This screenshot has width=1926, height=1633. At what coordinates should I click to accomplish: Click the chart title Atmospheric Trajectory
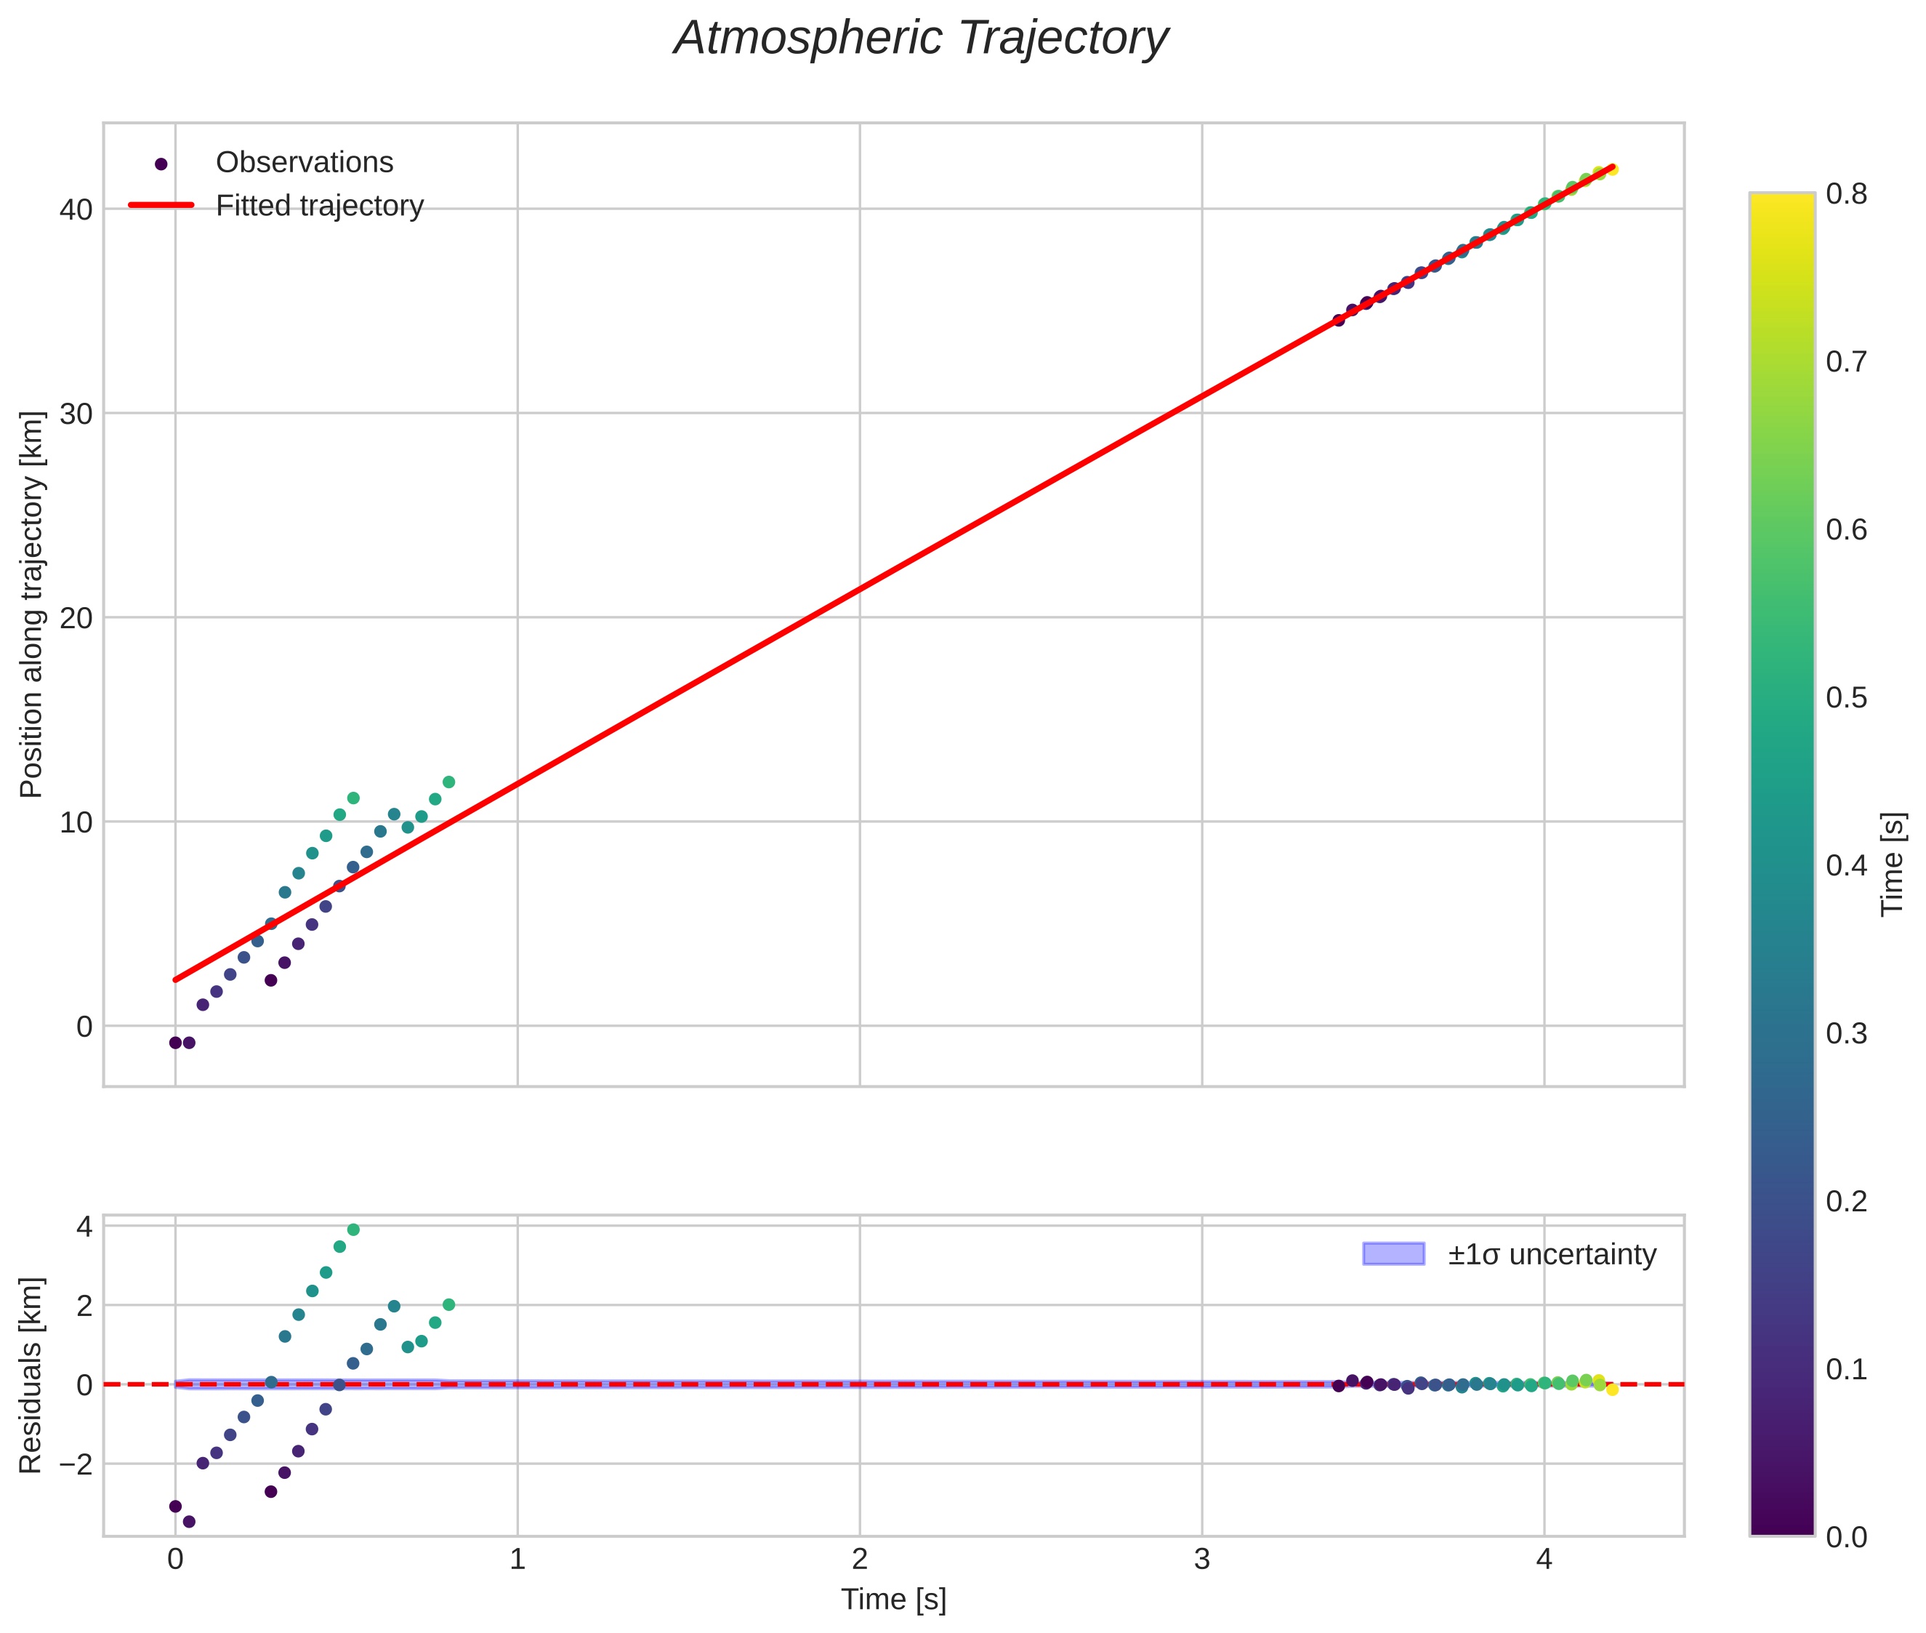[x=921, y=39]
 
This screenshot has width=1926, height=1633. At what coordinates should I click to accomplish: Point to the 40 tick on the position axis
[x=76, y=210]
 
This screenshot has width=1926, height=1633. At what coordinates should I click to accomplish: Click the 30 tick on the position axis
[x=76, y=414]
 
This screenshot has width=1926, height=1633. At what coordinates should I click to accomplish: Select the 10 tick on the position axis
[x=76, y=822]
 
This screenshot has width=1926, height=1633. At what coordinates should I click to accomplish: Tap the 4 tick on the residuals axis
[x=84, y=1227]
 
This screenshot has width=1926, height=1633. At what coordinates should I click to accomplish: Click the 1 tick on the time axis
[x=517, y=1560]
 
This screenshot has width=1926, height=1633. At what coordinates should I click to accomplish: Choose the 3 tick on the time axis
[x=1201, y=1560]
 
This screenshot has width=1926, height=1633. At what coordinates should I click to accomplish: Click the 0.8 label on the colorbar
[x=1845, y=194]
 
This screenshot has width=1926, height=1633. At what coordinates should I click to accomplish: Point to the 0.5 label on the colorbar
[x=1845, y=698]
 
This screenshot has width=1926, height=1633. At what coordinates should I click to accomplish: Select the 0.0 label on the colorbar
[x=1845, y=1538]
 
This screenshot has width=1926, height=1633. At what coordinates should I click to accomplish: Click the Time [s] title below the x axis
[x=893, y=1600]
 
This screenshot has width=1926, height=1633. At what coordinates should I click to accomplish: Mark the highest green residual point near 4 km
[x=352, y=1230]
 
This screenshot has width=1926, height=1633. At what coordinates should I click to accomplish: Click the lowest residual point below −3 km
[x=189, y=1522]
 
